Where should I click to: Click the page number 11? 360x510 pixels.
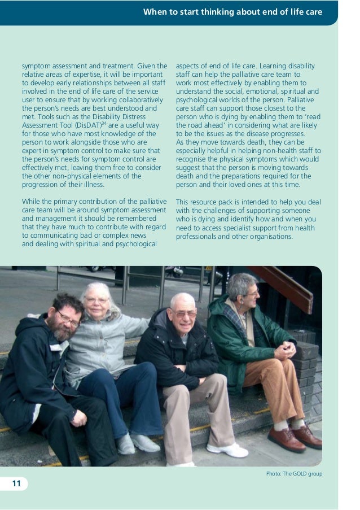pos(16,483)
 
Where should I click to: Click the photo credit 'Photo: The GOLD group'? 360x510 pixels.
pos(294,473)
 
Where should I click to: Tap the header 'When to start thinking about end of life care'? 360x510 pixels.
pos(232,11)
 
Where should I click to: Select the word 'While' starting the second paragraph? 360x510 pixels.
pos(31,202)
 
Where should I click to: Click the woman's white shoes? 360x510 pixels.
pos(136,443)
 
